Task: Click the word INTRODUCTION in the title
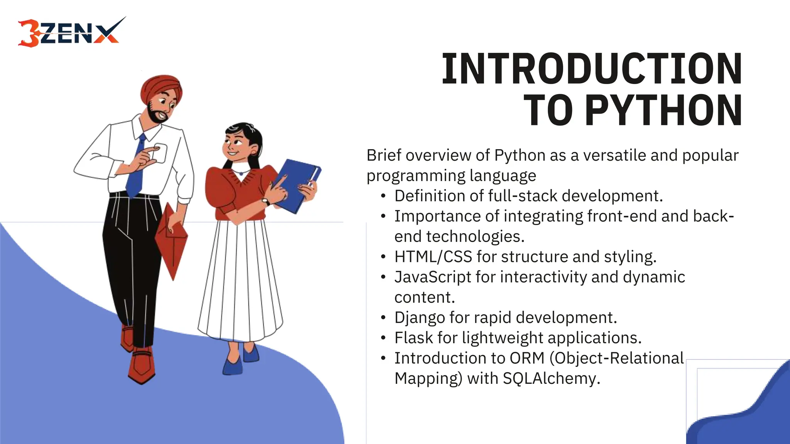coord(592,69)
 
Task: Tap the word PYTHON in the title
coord(663,111)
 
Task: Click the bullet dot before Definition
coord(383,196)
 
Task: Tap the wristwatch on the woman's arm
coord(266,202)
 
